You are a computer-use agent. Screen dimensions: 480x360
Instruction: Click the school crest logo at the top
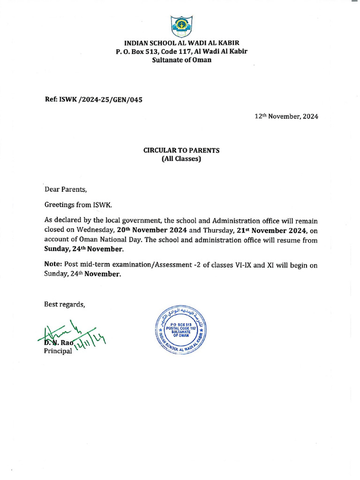coord(181,27)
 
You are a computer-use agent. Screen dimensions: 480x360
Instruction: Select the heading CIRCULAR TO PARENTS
coord(181,150)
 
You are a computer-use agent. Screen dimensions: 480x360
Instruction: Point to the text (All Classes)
coord(181,159)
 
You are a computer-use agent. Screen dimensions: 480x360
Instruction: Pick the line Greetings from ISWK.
coord(78,205)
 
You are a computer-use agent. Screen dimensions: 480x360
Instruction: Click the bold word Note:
coord(53,265)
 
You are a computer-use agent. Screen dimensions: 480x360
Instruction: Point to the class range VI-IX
coord(244,265)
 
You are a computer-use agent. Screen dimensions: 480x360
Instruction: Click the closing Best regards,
coord(65,304)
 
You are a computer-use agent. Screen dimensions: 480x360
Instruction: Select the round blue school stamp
coord(180,332)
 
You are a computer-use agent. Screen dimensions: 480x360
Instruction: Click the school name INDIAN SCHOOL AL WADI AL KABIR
coord(181,43)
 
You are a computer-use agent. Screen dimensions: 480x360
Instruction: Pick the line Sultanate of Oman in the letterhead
coord(181,60)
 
